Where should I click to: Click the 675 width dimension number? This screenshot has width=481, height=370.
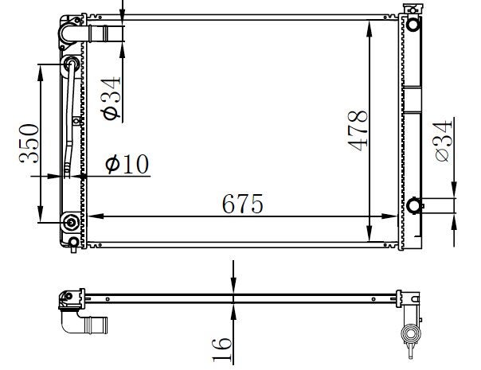click(242, 204)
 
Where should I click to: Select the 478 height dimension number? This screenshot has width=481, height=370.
click(358, 130)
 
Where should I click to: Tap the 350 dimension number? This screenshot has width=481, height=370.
click(29, 143)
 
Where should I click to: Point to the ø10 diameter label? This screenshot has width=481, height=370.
click(127, 164)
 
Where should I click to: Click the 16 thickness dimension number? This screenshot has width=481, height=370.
click(221, 350)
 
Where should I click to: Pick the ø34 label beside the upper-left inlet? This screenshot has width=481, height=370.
click(111, 98)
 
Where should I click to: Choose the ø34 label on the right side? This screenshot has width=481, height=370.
click(443, 141)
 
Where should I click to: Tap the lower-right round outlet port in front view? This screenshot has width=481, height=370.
click(414, 205)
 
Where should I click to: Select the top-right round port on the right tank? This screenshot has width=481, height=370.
click(413, 24)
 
